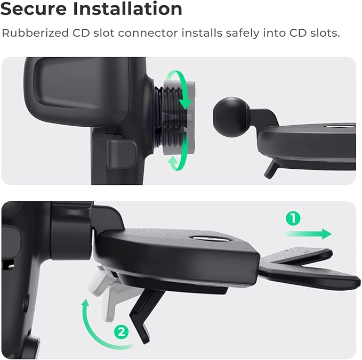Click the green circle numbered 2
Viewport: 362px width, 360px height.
122,332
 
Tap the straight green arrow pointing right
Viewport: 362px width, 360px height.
309,234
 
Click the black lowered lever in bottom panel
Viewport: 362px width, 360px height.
144,309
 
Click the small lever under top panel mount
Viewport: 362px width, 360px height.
271,169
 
